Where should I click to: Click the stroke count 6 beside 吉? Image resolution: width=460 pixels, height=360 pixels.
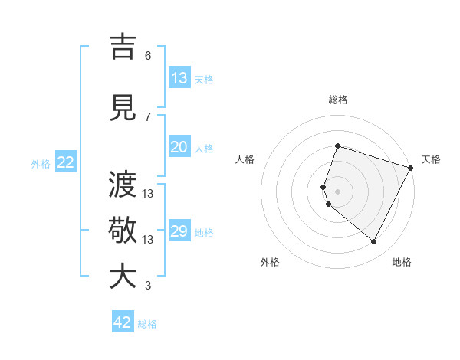coord(148,56)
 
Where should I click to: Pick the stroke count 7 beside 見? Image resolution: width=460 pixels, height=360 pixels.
coord(148,116)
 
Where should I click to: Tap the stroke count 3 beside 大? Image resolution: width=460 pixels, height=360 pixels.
coord(148,286)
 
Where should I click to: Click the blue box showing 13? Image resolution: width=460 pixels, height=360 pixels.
coord(179,78)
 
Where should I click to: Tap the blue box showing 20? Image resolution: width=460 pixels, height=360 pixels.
coord(179,147)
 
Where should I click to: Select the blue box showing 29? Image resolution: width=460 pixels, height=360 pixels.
coord(179,231)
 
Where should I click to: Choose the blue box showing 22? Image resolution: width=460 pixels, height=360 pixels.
coord(66,162)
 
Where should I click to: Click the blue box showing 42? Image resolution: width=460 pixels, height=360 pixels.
coord(123,322)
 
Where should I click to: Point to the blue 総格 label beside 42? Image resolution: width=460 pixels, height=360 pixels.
coord(147,324)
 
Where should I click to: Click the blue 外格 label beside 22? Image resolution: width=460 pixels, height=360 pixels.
coord(41,163)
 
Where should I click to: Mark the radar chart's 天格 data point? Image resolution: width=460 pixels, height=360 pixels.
coord(412,169)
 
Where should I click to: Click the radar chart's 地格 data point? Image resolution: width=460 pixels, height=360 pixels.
coord(373,242)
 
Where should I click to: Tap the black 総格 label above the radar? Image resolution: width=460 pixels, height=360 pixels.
coord(338,100)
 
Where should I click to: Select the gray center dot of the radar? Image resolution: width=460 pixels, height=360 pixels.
coord(337,191)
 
